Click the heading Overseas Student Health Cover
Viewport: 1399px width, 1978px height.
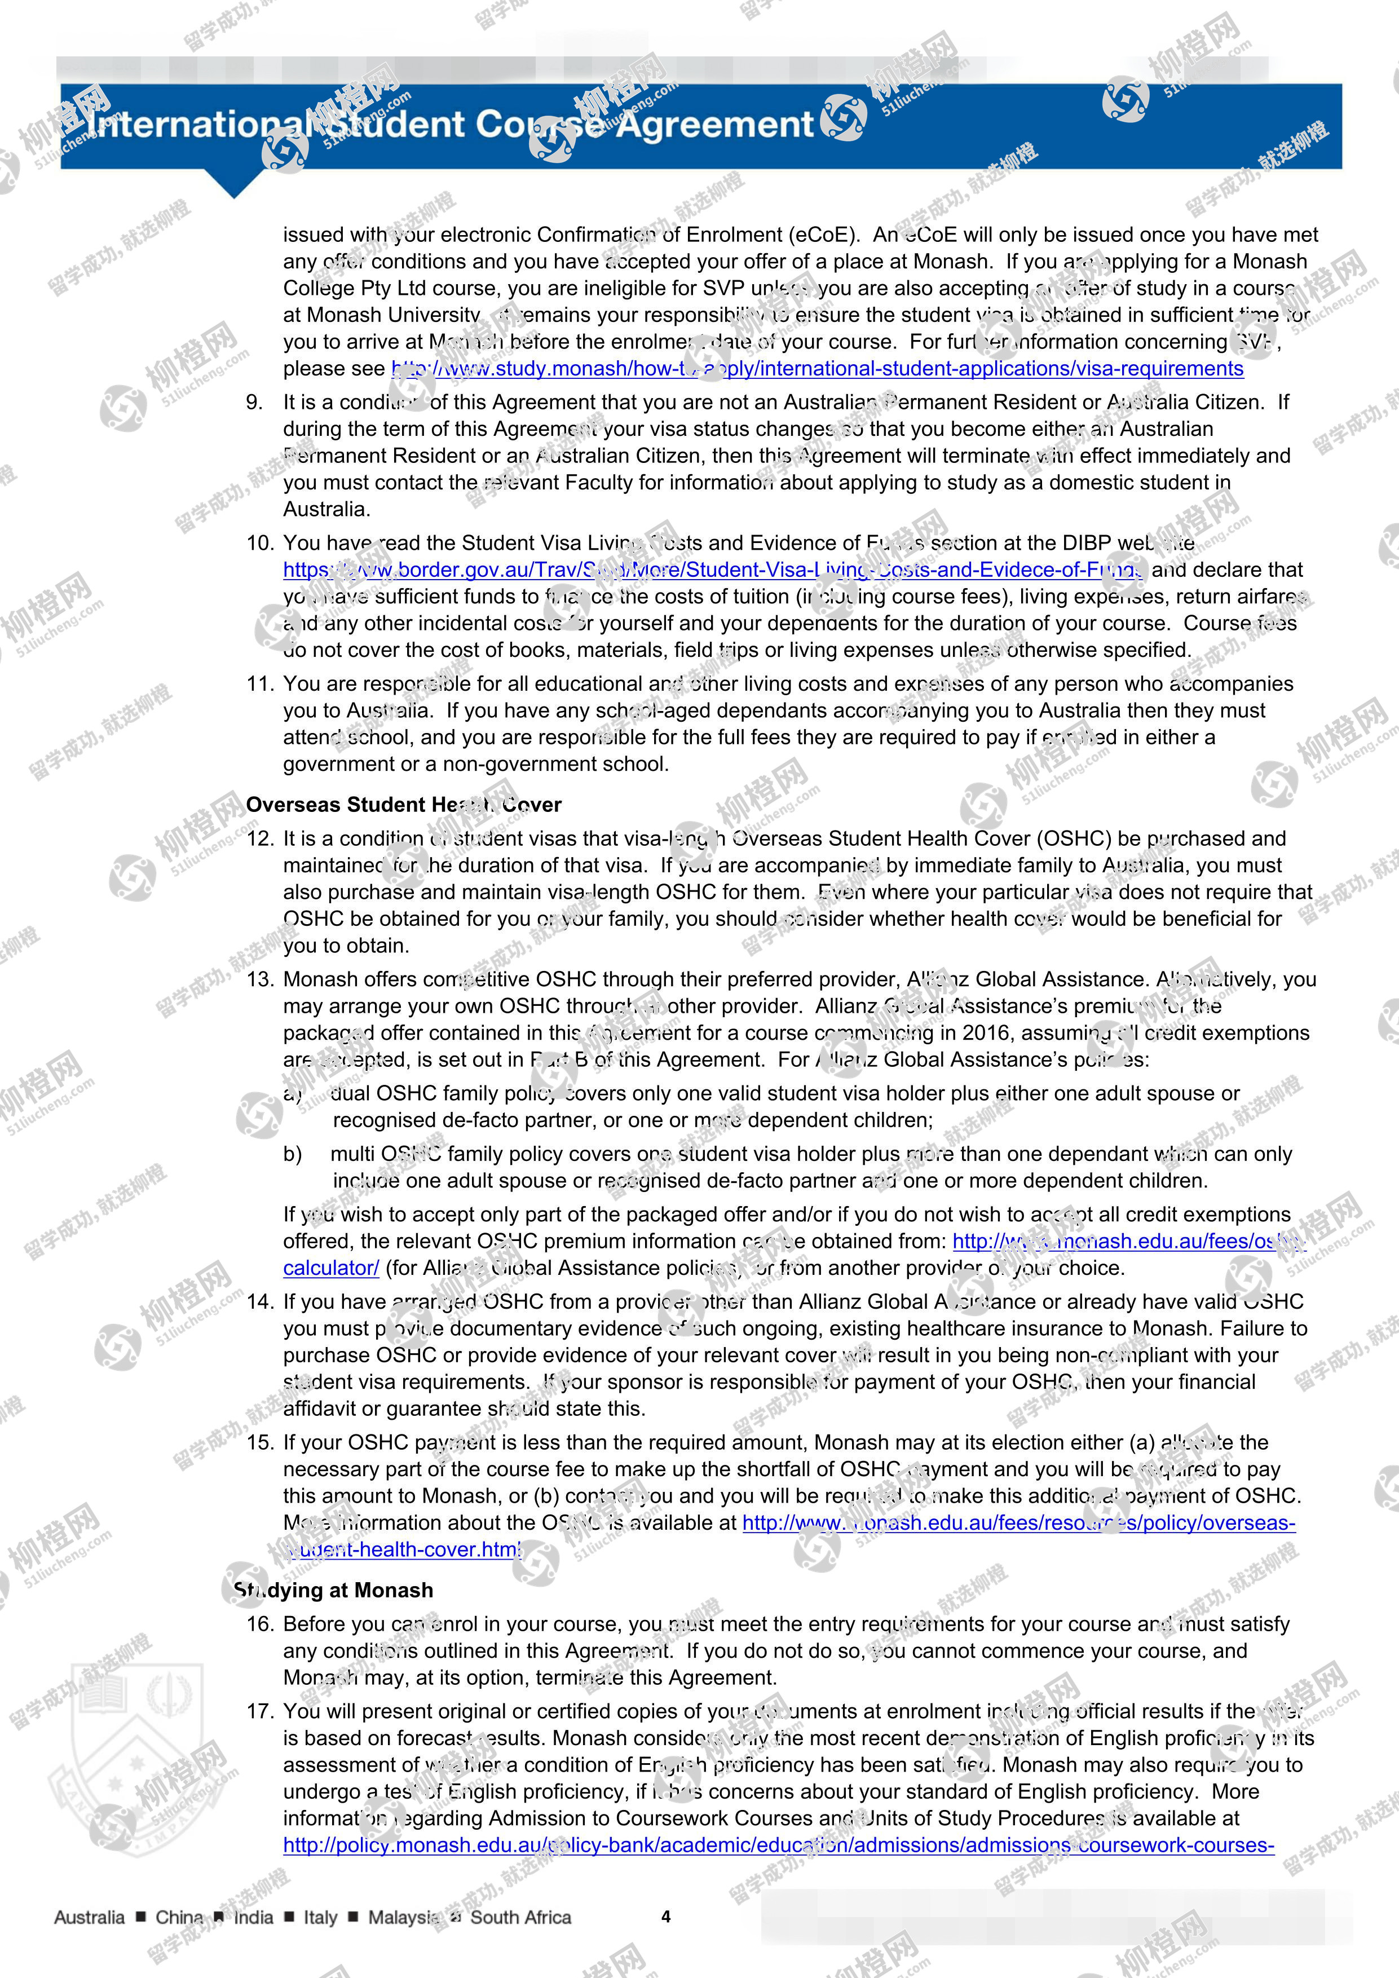point(403,805)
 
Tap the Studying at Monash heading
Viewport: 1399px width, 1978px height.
point(334,1590)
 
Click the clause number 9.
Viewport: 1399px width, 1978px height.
point(254,403)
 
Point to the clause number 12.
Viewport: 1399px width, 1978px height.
point(259,838)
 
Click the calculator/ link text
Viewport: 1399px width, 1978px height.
point(331,1268)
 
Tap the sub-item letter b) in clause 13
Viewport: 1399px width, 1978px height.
point(293,1154)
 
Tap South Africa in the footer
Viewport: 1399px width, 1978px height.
point(520,1917)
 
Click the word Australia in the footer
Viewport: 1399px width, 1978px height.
point(90,1917)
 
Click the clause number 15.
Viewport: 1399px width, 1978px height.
point(259,1442)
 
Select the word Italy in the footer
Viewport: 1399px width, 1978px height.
point(320,1917)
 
